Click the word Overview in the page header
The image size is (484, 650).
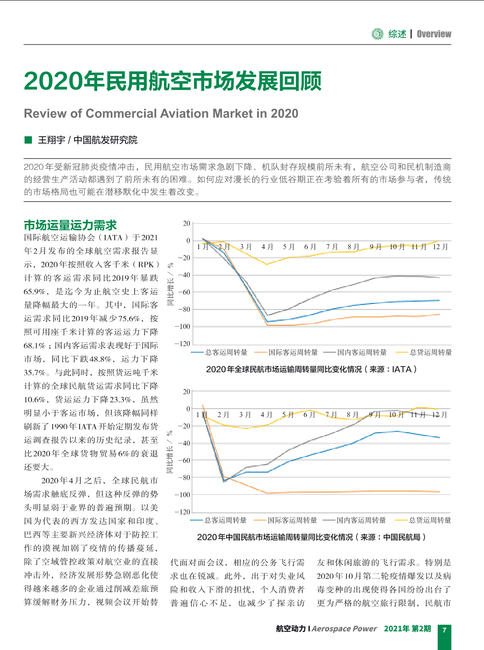(434, 34)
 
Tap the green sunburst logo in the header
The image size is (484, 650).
(377, 34)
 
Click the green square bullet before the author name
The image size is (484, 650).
(28, 140)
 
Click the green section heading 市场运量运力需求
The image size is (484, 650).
(70, 225)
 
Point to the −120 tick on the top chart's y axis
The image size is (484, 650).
(182, 343)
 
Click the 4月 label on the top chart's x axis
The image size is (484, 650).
(267, 247)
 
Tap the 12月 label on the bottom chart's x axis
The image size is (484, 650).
(440, 415)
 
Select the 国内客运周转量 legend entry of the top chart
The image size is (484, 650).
(355, 352)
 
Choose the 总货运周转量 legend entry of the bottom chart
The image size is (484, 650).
(423, 520)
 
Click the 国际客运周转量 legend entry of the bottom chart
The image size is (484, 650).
(285, 520)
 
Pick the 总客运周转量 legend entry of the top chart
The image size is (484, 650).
(220, 352)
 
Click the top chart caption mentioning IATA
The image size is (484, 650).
(311, 369)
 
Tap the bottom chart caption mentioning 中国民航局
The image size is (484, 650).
(311, 537)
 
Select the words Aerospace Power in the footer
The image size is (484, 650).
(344, 629)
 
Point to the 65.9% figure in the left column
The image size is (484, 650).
(35, 291)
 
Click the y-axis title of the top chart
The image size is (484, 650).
(170, 284)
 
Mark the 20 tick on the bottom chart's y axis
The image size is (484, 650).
(187, 391)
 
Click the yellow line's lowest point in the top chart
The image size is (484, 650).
(267, 265)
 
